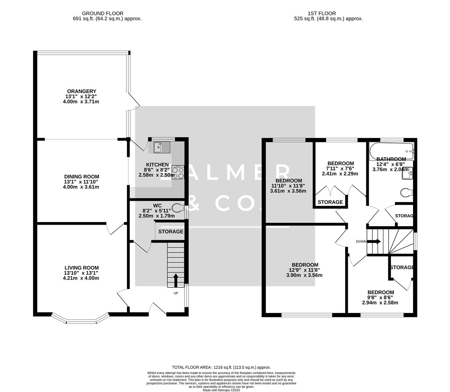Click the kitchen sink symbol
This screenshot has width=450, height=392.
(x=162, y=147)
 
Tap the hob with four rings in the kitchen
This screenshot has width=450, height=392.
(x=178, y=172)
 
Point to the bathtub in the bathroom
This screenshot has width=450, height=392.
(x=391, y=151)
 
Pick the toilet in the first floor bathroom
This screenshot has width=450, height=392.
(x=407, y=192)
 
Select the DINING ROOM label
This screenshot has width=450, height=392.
(x=81, y=176)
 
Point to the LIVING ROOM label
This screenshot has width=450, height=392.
(x=81, y=268)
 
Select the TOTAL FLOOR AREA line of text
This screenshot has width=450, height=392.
(x=221, y=367)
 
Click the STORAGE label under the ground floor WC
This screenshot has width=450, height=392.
(x=170, y=232)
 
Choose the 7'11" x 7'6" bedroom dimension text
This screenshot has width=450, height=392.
(x=340, y=168)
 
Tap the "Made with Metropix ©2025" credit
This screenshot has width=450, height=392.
(x=221, y=390)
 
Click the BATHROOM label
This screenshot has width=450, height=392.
(x=391, y=159)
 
